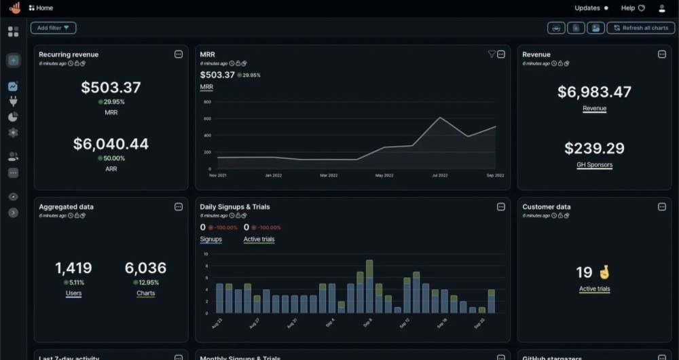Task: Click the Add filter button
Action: [x=53, y=28]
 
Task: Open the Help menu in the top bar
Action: [x=632, y=8]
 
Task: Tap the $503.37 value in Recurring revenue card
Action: [x=111, y=88]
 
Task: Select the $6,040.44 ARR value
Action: [x=111, y=144]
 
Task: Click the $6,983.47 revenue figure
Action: [x=594, y=92]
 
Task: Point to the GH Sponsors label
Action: [x=594, y=165]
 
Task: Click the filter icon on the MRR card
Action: [x=492, y=54]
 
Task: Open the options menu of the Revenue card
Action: [x=661, y=54]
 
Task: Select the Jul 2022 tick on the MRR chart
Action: [x=440, y=175]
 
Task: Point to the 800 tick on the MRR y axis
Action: [x=208, y=103]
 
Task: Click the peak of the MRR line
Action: [x=440, y=118]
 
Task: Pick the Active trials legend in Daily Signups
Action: [x=259, y=239]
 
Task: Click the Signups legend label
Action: [x=210, y=239]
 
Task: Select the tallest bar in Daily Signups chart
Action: [x=369, y=286]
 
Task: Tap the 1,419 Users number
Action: [x=73, y=268]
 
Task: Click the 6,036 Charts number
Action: [x=145, y=268]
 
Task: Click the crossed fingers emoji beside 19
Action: [x=604, y=272]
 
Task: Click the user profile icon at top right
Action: [x=662, y=8]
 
